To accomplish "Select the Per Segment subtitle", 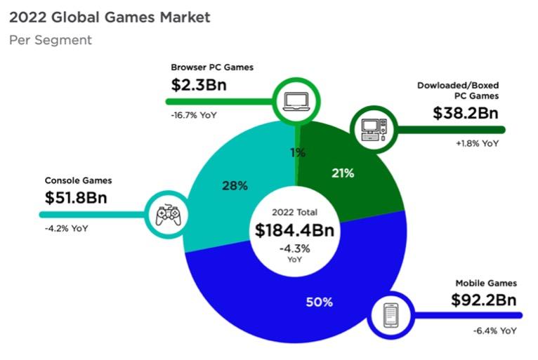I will [x=51, y=40].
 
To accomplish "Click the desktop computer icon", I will [x=372, y=127].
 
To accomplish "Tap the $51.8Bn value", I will [x=76, y=197].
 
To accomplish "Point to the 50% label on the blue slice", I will [x=319, y=302].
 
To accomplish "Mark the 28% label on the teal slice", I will [x=235, y=186].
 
